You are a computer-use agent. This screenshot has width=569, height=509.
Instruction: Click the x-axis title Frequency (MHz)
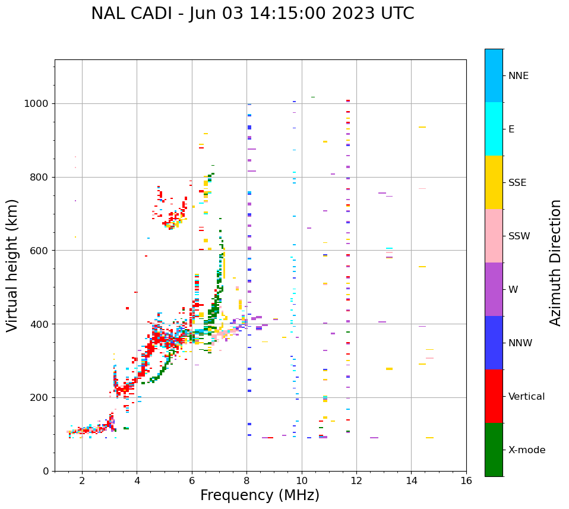point(260,495)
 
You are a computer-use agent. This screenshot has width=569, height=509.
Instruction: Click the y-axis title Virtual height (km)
point(12,265)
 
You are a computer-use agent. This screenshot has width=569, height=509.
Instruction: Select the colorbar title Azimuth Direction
point(555,263)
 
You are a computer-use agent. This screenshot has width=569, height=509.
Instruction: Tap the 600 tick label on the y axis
point(40,251)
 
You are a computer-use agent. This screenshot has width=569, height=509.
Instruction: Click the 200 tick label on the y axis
point(40,398)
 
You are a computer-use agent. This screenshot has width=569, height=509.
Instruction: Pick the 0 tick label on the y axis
point(46,471)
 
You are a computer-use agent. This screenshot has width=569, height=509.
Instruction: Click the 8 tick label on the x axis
point(246,480)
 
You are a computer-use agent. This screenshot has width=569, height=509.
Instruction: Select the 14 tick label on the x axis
point(411,480)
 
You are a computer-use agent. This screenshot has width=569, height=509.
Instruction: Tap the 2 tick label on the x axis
point(82,480)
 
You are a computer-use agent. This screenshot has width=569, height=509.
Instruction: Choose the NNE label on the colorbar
point(519,76)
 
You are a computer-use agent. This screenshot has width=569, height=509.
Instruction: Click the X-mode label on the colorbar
point(527,450)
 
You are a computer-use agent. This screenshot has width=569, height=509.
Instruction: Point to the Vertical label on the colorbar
point(527,397)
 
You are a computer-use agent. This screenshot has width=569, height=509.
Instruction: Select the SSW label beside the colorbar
point(519,236)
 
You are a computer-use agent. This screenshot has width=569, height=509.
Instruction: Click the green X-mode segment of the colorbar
point(494,450)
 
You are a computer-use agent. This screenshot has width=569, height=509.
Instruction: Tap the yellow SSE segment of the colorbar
point(494,182)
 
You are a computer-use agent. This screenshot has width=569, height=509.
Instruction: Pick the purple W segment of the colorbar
point(494,289)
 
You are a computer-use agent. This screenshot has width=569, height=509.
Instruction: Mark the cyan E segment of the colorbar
point(494,129)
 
